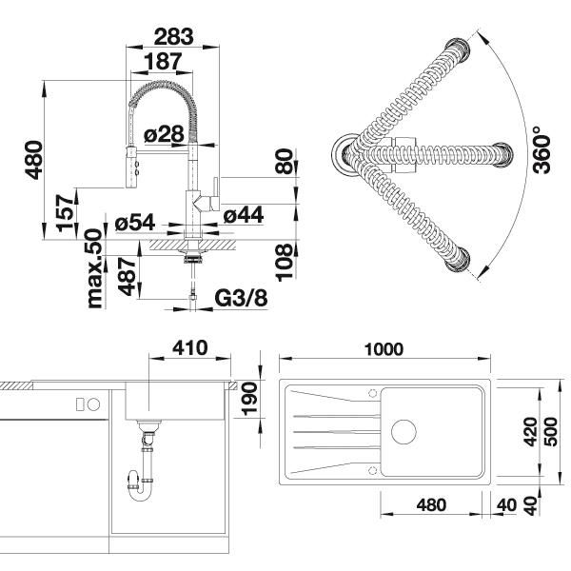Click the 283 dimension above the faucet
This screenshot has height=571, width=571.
[x=173, y=37]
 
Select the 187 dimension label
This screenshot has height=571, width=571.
[x=163, y=61]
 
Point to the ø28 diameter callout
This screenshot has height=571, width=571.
[x=164, y=134]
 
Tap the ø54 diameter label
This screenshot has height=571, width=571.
[x=135, y=222]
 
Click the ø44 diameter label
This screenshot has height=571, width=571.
[x=244, y=214]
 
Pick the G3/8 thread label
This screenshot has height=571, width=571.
[x=241, y=299]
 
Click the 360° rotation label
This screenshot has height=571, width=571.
[x=541, y=154]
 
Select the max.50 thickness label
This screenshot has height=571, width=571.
[x=94, y=268]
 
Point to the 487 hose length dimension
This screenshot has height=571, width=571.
[x=127, y=277]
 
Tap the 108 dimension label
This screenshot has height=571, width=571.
[x=285, y=263]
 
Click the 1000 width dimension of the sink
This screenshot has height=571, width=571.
[x=384, y=349]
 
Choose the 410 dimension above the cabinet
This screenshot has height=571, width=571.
[x=190, y=347]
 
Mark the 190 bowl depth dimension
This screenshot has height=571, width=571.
[x=250, y=399]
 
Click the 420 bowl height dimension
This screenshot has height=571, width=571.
[x=531, y=432]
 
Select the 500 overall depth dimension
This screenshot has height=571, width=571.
[x=552, y=432]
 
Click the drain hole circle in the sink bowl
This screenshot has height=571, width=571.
[x=404, y=432]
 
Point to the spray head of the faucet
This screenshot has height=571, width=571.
[x=131, y=167]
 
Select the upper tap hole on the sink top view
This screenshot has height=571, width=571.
[x=372, y=393]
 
